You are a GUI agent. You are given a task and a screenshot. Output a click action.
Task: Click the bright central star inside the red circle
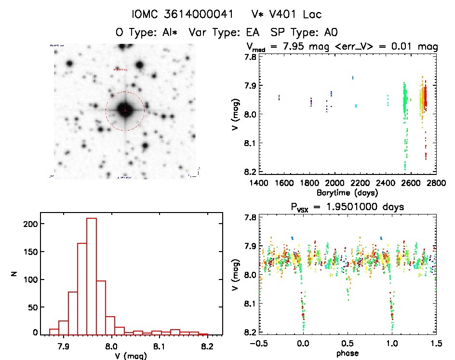[125, 110]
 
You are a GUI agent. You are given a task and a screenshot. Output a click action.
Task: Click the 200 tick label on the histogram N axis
[29, 224]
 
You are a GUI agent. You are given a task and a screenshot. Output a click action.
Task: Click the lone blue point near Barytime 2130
[353, 78]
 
